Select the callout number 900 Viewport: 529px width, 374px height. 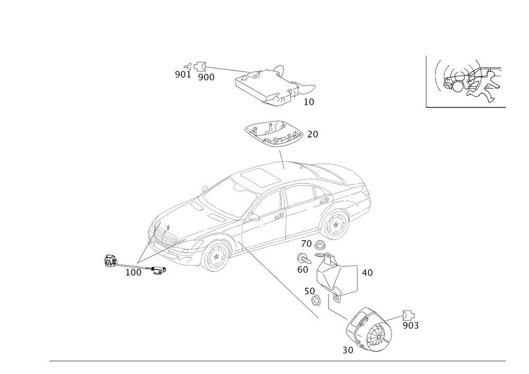206,77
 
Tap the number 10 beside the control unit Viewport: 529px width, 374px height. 309,102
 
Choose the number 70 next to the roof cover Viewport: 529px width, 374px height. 313,135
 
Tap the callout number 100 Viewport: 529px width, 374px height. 134,273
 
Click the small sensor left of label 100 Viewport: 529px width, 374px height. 110,261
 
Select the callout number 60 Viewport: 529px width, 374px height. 303,269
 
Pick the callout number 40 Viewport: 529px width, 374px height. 367,273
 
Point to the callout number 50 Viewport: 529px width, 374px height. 310,291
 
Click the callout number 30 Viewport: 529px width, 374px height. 348,350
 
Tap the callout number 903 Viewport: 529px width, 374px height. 411,325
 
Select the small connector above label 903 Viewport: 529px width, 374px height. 406,314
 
